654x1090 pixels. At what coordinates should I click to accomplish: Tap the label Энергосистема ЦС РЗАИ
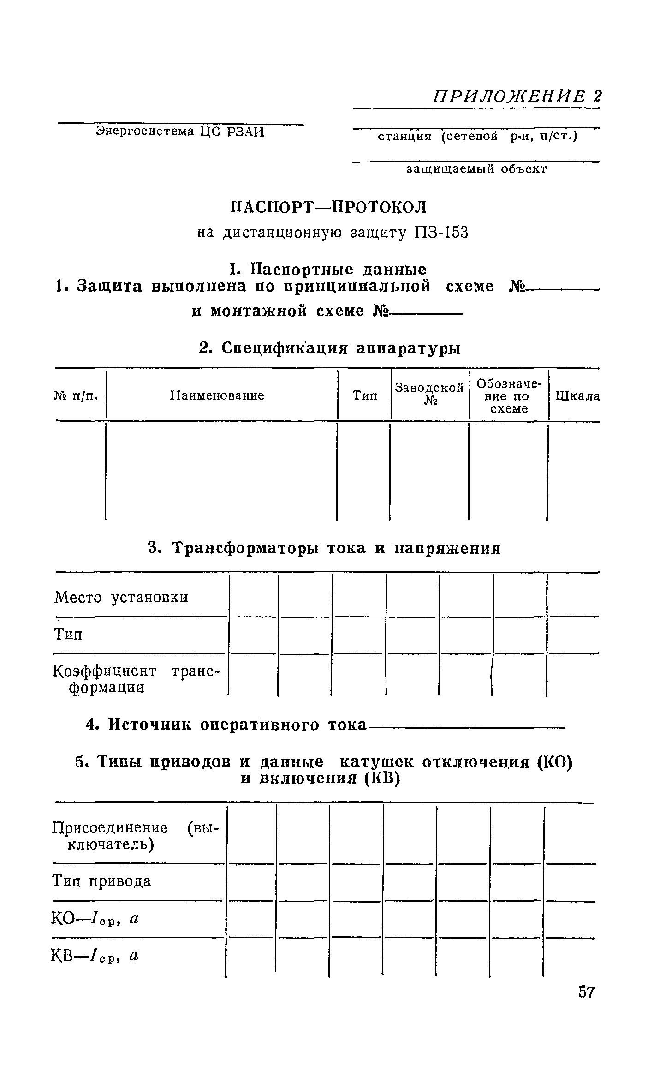(x=180, y=132)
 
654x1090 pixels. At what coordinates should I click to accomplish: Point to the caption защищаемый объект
(x=476, y=169)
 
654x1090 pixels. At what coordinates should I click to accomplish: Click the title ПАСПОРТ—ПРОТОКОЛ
(x=328, y=207)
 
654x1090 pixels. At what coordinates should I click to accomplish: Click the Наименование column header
(x=217, y=395)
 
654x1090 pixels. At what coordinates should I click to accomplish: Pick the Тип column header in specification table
(x=364, y=395)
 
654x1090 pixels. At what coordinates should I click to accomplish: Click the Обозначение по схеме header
(x=509, y=396)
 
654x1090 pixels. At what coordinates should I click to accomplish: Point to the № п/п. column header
(x=77, y=395)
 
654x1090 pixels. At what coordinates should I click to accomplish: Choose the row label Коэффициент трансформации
(x=136, y=679)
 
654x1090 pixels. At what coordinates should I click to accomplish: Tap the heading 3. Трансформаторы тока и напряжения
(x=324, y=548)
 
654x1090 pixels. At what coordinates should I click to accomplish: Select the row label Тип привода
(x=101, y=881)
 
